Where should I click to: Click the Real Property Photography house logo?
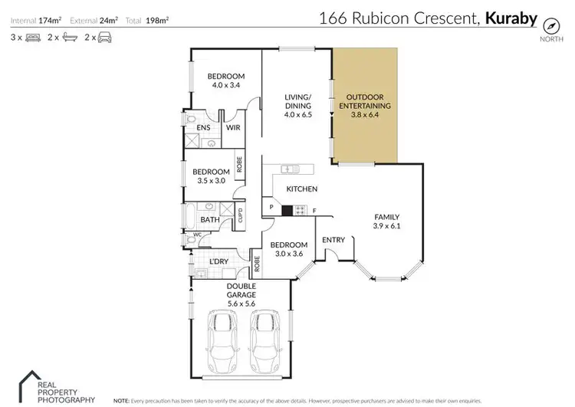pos(31,384)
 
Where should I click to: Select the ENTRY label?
pos(333,241)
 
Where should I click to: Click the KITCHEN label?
pos(302,189)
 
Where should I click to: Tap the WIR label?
pos(233,128)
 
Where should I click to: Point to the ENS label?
pos(203,128)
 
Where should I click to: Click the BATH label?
pos(210,221)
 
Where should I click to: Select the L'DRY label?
pos(220,263)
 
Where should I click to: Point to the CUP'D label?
pos(239,215)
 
